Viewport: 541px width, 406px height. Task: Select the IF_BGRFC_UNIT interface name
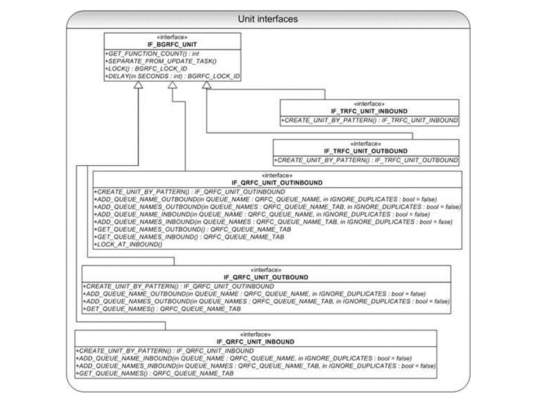(172, 43)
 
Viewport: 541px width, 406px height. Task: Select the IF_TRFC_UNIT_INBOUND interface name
(369, 111)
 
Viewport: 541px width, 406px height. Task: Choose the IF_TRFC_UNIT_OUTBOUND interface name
(366, 151)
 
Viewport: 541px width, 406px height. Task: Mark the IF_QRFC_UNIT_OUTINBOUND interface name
(277, 183)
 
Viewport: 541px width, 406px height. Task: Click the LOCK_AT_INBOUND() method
(128, 244)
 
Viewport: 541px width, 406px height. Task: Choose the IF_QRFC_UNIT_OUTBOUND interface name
(266, 277)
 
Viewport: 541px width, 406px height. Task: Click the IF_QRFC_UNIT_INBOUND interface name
(255, 342)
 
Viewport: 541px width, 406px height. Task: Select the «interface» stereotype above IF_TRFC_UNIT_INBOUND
(369, 104)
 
